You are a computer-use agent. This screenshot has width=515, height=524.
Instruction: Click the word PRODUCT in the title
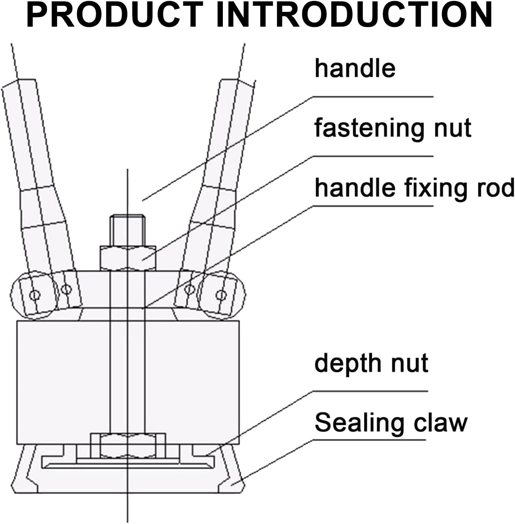pyautogui.click(x=115, y=15)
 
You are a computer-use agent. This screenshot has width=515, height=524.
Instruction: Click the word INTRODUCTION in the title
pyautogui.click(x=354, y=15)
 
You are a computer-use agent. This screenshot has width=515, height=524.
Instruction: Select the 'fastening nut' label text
pyautogui.click(x=393, y=128)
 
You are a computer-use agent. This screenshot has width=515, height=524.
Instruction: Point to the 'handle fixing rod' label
pyautogui.click(x=414, y=188)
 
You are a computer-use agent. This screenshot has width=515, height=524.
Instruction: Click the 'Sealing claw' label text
pyautogui.click(x=391, y=423)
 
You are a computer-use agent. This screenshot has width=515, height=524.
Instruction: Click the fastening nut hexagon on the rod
pyautogui.click(x=128, y=258)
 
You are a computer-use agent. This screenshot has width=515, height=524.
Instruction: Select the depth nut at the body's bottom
pyautogui.click(x=128, y=445)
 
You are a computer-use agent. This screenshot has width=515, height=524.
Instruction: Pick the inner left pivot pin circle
pyautogui.click(x=66, y=289)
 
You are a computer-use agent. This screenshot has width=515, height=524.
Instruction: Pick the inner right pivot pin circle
pyautogui.click(x=189, y=289)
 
